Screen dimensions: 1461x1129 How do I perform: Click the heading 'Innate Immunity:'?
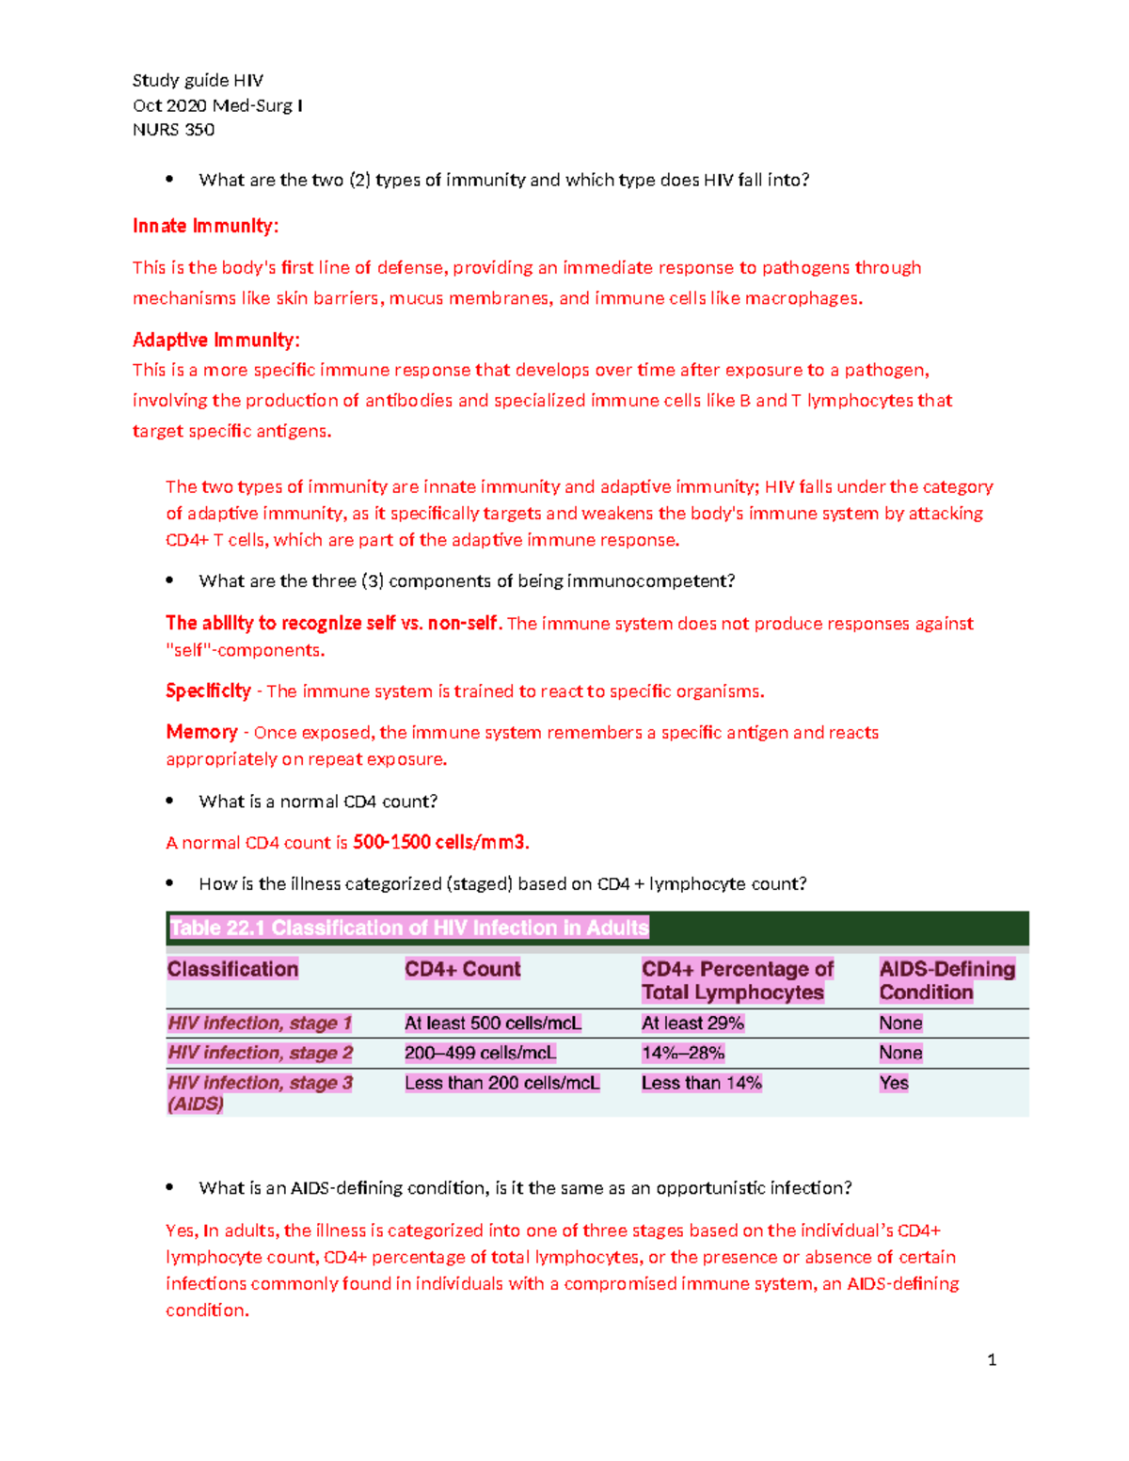[x=205, y=226]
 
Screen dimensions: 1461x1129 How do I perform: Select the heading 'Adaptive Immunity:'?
[x=215, y=340]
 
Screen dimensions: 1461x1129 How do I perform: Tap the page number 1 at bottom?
[x=992, y=1359]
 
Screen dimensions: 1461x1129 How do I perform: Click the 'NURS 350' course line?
[x=173, y=130]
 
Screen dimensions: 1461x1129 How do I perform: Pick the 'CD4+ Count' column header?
[x=462, y=969]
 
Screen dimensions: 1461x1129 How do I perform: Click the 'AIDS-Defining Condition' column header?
[x=946, y=980]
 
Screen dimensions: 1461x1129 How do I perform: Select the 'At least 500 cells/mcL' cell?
[x=492, y=1024]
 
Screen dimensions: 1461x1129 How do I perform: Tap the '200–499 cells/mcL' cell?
[x=480, y=1053]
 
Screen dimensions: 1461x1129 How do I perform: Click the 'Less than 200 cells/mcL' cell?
[x=501, y=1083]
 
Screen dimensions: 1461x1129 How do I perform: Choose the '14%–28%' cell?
[x=683, y=1053]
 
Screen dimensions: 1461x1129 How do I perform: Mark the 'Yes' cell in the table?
[x=894, y=1083]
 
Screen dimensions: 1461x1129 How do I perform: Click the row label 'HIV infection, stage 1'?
[x=260, y=1024]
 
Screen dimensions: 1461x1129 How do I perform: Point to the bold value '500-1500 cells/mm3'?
[x=440, y=842]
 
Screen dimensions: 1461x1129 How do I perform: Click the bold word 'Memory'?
[x=201, y=732]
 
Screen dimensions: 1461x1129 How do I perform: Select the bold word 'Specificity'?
[x=208, y=691]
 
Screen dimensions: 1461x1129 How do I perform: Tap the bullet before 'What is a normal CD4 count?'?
[x=170, y=801]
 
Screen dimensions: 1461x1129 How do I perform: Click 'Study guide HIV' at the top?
[x=198, y=80]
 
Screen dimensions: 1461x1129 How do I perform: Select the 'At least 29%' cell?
[x=692, y=1024]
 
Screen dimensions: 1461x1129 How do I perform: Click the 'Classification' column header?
[x=232, y=969]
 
